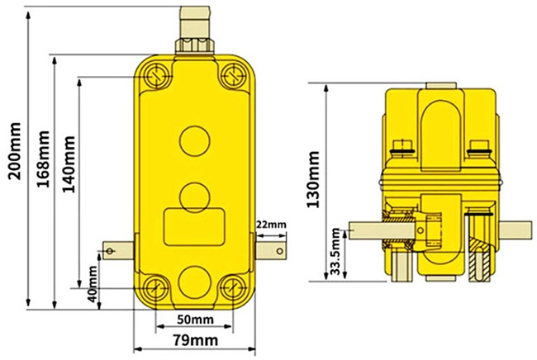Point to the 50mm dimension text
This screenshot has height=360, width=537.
[x=196, y=320]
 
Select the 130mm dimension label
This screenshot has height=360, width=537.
[x=315, y=179]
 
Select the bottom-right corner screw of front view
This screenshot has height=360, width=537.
[x=232, y=289]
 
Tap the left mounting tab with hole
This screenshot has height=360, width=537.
[x=116, y=248]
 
